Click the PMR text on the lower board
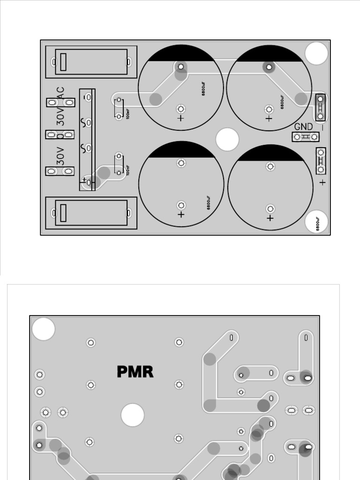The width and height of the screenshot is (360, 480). [135, 372]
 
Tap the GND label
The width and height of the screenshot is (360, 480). [303, 127]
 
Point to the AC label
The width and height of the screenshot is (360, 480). [60, 93]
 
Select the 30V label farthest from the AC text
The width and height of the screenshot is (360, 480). [60, 156]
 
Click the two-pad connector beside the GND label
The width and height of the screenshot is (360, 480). [306, 137]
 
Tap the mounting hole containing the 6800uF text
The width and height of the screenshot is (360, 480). [316, 223]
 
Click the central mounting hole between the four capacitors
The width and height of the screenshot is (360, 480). [227, 140]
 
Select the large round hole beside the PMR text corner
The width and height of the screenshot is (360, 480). [44, 329]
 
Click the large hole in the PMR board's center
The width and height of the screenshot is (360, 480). [132, 415]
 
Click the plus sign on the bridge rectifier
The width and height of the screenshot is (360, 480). [84, 180]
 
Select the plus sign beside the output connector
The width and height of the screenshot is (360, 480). [322, 182]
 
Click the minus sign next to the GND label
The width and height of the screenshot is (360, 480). [322, 127]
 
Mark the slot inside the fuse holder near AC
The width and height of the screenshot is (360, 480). [64, 61]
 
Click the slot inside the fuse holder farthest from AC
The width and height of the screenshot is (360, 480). [64, 213]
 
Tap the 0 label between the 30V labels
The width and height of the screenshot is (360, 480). [60, 136]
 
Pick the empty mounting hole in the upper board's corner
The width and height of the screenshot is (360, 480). [316, 53]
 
